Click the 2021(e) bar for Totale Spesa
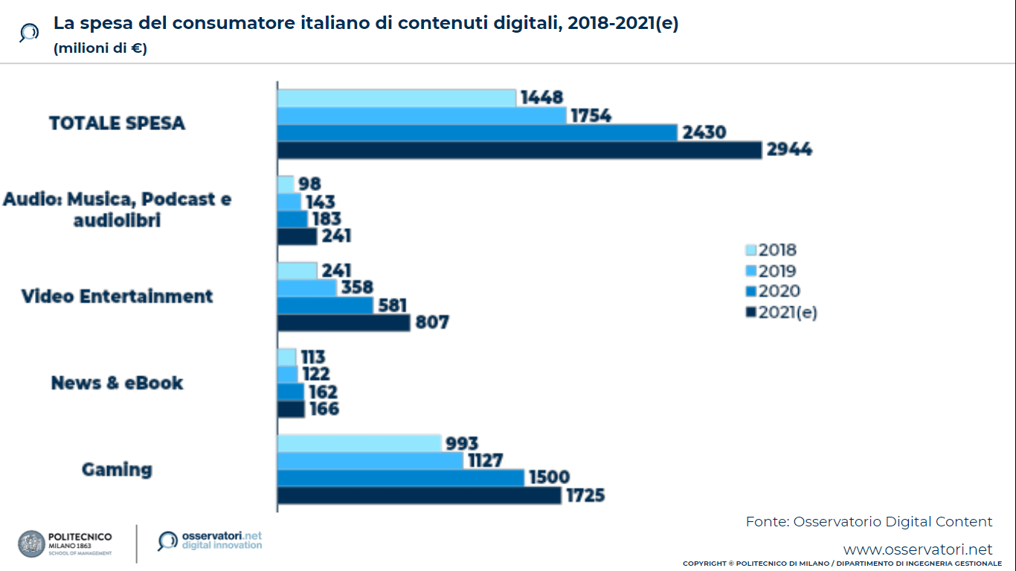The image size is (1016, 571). pos(519,150)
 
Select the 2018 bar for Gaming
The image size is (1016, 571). pos(359,443)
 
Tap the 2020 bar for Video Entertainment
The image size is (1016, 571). pos(325,306)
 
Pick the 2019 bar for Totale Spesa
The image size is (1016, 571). pos(422,116)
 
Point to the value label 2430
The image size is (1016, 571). pos(704,133)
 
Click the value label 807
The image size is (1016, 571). pos(432,323)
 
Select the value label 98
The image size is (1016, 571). pos(309,184)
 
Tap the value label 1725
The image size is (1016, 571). pos(585,495)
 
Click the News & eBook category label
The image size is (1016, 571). pos(117,383)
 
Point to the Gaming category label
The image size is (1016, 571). pos(117,469)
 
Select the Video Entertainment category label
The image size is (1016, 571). pos(117,296)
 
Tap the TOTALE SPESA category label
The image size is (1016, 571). pos(117,123)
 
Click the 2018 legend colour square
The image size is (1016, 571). pos(750,251)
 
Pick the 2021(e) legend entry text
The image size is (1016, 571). pos(788,312)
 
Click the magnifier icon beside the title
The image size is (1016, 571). pos(29,33)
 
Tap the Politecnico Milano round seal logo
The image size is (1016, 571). pos(31,543)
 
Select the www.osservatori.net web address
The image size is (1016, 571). pos(918,549)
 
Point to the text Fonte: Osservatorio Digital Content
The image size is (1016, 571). pos(869,521)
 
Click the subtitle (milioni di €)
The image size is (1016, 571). pos(100,49)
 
